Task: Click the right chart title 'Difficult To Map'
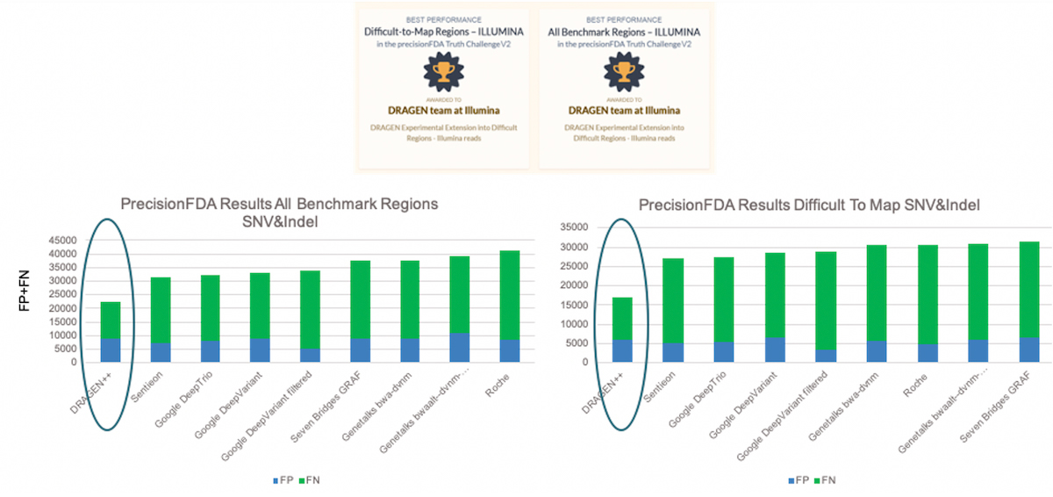(808, 205)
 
